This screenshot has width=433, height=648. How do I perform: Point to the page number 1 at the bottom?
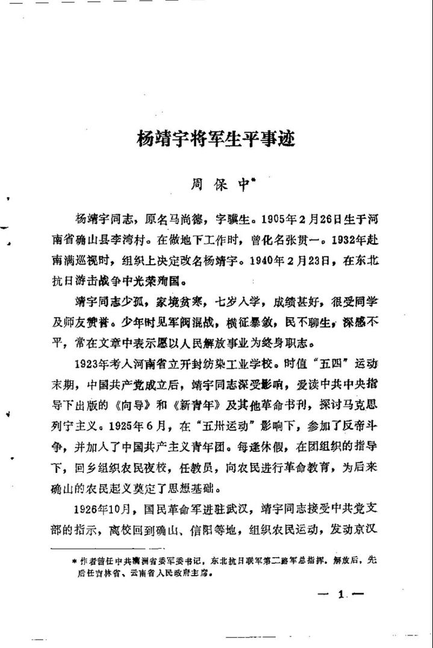[x=340, y=596]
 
